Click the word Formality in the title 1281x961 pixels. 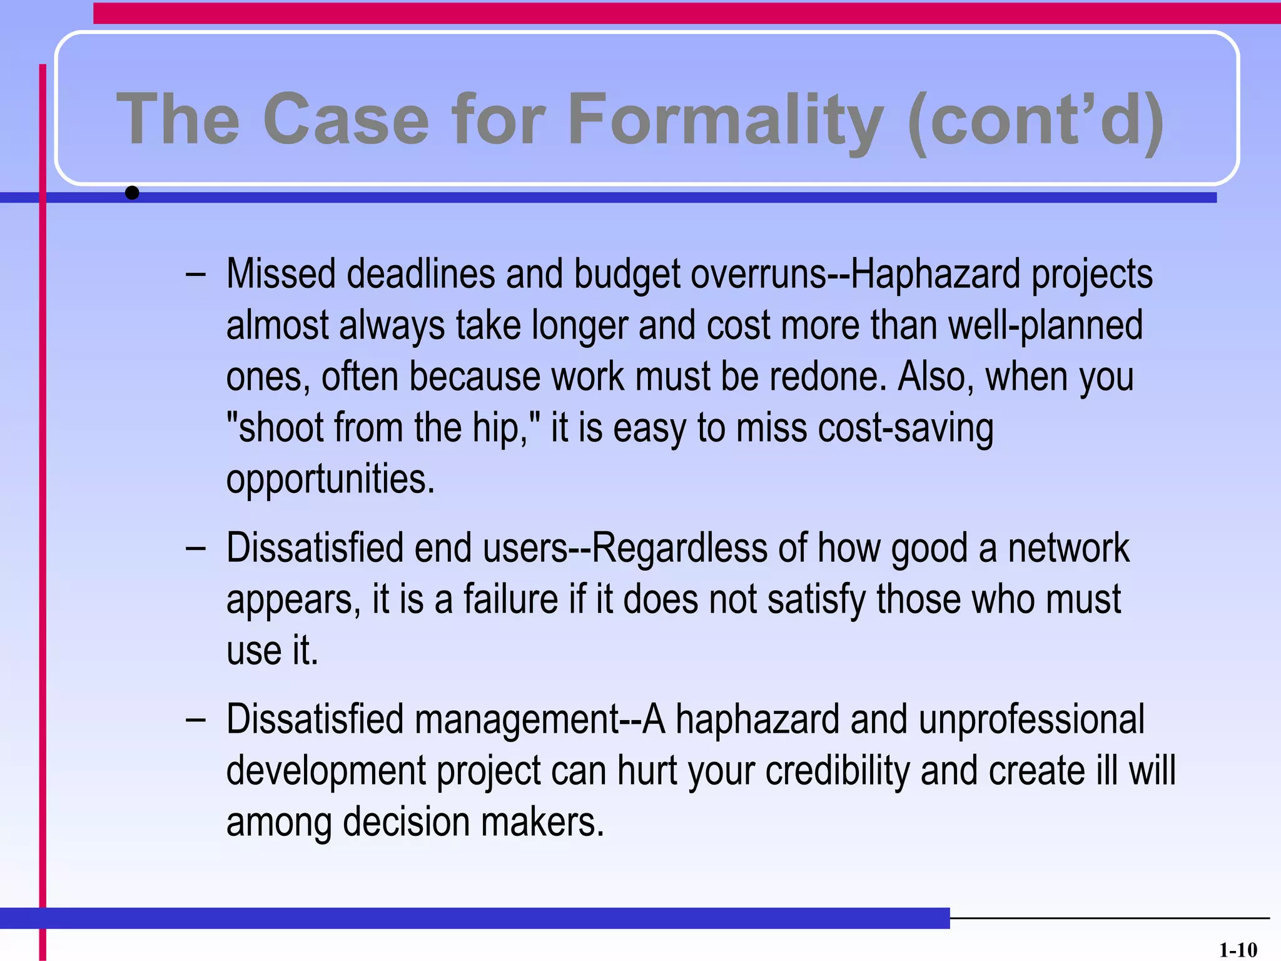point(726,119)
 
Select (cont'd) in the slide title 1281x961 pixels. point(1036,119)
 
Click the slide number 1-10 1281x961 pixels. point(1238,950)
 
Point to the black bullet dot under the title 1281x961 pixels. point(132,193)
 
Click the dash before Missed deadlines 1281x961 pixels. point(195,275)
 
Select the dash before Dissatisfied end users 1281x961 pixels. point(195,549)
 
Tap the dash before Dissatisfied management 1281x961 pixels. point(195,720)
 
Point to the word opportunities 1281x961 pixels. point(330,480)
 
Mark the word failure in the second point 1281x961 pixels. point(510,599)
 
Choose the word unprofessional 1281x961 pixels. point(1031,719)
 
